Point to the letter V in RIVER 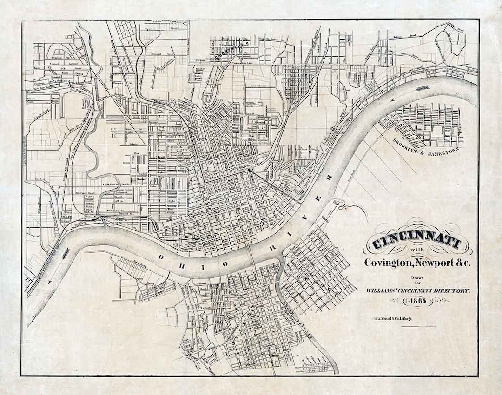tap(321, 198)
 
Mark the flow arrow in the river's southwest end tap(50, 282)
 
